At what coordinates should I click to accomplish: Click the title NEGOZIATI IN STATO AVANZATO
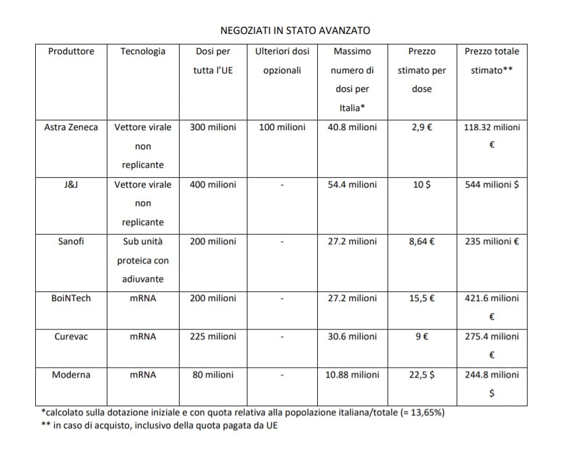pos(295,30)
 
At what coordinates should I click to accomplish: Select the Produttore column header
pos(71,52)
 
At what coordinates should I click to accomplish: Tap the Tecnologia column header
pos(143,52)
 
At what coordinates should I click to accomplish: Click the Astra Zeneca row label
pos(71,128)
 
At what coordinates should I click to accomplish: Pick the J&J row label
pos(71,184)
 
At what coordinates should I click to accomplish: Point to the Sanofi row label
pos(71,241)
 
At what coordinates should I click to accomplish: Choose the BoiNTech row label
pos(71,298)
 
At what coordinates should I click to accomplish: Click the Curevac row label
pos(71,336)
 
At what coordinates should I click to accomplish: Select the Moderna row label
pos(71,375)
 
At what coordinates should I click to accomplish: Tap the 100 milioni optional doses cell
pos(282,128)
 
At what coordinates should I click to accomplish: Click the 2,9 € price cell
pos(421,128)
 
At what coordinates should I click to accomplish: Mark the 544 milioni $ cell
pos(492,184)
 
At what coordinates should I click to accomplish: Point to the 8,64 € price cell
pos(421,241)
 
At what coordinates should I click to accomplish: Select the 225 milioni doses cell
pos(213,336)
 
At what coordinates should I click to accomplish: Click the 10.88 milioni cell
pos(352,375)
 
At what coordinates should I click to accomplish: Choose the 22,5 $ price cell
pos(421,375)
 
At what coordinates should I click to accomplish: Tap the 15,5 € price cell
pos(421,298)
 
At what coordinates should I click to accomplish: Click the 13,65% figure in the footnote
pos(425,412)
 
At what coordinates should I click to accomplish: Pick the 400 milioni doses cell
pos(213,184)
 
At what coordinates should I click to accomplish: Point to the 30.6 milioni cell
pos(352,336)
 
